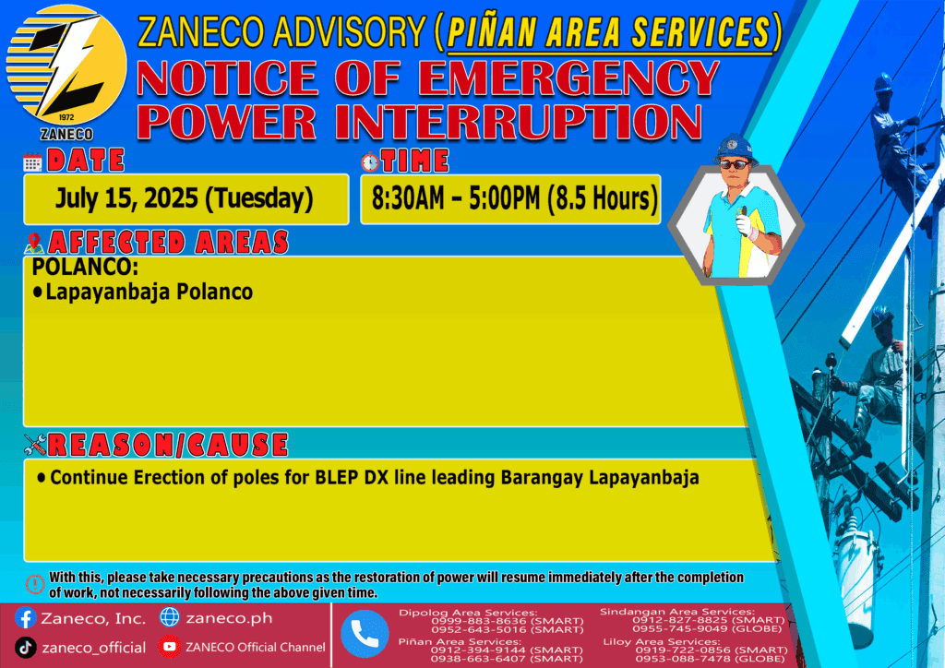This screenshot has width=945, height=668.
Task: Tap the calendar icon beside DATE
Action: pos(32,162)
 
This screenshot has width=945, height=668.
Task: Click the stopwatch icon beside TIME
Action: pos(370,161)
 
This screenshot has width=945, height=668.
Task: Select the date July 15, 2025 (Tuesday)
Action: pos(185,198)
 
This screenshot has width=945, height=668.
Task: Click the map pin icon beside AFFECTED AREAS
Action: pos(34,244)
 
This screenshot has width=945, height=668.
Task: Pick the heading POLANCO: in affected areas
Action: pos(85,267)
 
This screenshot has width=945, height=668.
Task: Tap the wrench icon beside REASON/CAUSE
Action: pos(35,445)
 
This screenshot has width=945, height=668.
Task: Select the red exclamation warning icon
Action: pos(35,584)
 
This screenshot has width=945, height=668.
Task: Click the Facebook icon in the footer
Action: pos(25,618)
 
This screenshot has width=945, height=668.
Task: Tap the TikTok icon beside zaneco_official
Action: pos(25,648)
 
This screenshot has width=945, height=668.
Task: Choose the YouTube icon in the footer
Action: pos(170,647)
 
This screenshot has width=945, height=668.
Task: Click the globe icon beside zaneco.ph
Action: pos(170,617)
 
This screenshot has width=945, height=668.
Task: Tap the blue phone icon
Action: pos(365,634)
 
